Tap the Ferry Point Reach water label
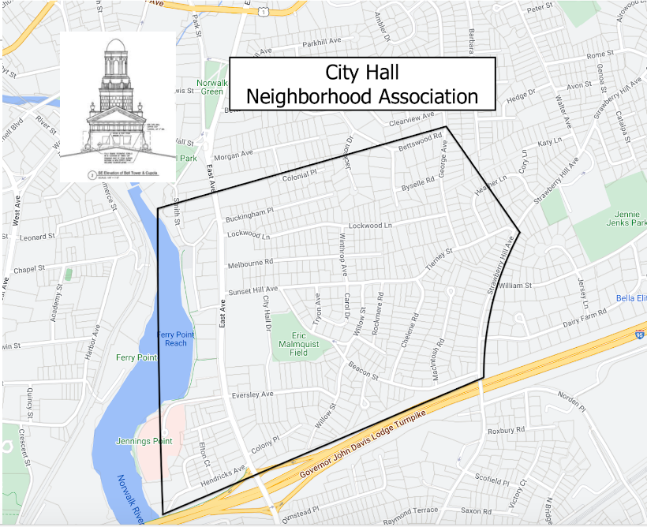click(175, 338)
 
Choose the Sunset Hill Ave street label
click(253, 290)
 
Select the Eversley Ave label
click(252, 394)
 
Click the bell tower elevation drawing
click(118, 107)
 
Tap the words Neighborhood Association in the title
click(362, 96)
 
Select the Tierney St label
click(438, 260)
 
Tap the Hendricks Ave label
click(223, 476)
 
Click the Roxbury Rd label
click(506, 432)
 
